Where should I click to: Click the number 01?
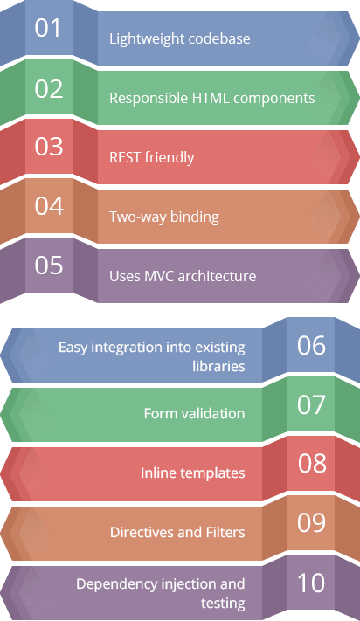pyautogui.click(x=47, y=28)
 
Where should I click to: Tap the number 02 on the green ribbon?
pyautogui.click(x=48, y=89)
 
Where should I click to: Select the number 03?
pyautogui.click(x=48, y=147)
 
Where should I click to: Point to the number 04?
pyautogui.click(x=49, y=205)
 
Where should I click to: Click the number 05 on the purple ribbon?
pyautogui.click(x=48, y=265)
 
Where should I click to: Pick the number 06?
pyautogui.click(x=311, y=345)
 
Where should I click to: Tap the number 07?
pyautogui.click(x=311, y=404)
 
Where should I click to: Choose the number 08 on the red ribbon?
pyautogui.click(x=312, y=463)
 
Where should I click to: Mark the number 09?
pyautogui.click(x=311, y=522)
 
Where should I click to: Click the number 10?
pyautogui.click(x=311, y=583)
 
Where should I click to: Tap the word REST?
pyautogui.click(x=125, y=157)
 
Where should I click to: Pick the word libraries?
pyautogui.click(x=218, y=366)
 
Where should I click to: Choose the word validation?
pyautogui.click(x=212, y=413)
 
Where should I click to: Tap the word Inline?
pyautogui.click(x=155, y=473)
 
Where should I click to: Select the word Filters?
pyautogui.click(x=225, y=532)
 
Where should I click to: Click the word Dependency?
pyautogui.click(x=116, y=584)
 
